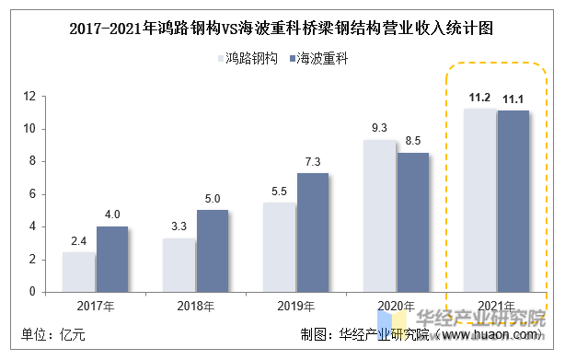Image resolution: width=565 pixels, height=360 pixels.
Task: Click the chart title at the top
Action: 282,29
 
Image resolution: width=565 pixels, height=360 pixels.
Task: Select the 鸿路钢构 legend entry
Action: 248,58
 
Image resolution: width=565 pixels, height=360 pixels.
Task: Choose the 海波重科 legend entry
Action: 317,58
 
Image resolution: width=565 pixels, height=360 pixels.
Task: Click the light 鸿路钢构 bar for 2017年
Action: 78,272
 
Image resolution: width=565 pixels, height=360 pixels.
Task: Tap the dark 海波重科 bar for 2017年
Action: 112,259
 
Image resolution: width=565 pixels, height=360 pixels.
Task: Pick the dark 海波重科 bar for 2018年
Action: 213,250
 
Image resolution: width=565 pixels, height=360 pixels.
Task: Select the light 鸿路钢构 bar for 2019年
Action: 279,247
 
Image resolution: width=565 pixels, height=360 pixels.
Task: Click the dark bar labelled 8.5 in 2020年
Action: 413,222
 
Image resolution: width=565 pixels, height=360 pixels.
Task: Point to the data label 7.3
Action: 313,162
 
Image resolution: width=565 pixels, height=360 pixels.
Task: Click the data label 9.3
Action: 379,129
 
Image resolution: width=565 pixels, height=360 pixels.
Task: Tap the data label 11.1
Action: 513,99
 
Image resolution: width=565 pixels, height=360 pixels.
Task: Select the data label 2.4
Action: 78,242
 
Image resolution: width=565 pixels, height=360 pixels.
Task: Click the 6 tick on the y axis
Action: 32,194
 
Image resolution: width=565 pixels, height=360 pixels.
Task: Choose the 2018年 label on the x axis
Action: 196,306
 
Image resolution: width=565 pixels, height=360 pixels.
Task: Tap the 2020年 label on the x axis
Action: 397,306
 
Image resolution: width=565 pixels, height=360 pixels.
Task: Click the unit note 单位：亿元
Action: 53,334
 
